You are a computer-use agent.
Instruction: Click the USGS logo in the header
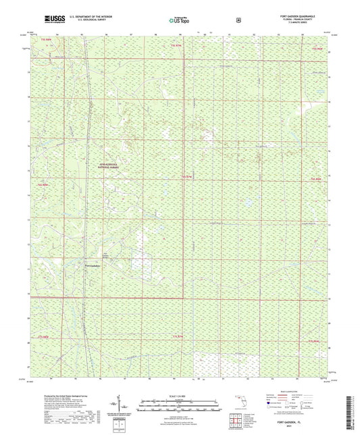pos(53,18)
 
